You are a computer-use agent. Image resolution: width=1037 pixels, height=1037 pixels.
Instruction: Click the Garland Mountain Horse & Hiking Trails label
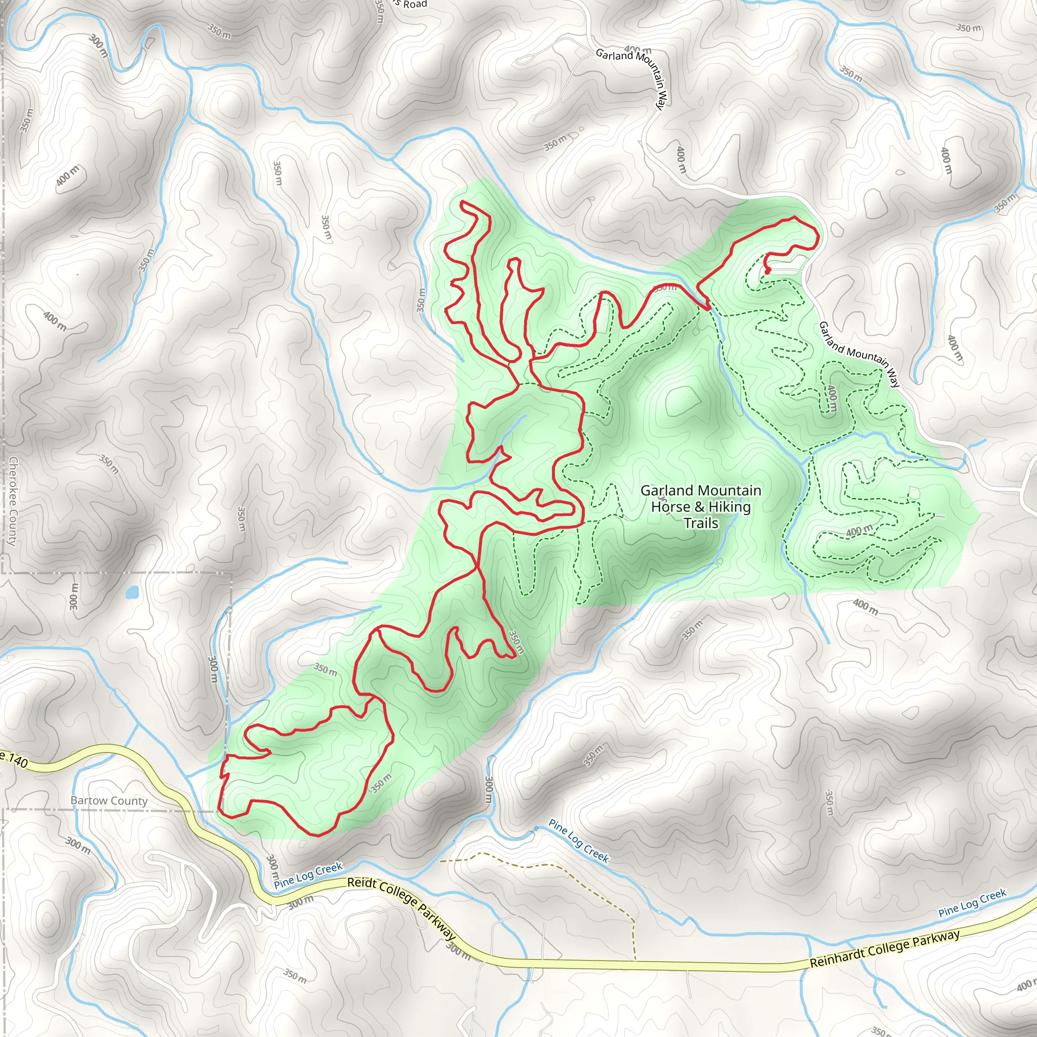pyautogui.click(x=700, y=506)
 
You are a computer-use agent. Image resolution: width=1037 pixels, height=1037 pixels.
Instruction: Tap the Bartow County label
pyautogui.click(x=109, y=801)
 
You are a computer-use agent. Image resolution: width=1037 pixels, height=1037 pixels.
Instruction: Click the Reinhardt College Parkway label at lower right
pyautogui.click(x=884, y=949)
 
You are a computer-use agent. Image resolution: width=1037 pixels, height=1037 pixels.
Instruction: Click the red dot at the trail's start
pyautogui.click(x=768, y=271)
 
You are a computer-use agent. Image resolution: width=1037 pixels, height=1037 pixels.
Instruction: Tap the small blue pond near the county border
pyautogui.click(x=132, y=592)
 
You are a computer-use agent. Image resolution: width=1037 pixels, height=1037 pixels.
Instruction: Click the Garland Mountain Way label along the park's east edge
pyautogui.click(x=859, y=354)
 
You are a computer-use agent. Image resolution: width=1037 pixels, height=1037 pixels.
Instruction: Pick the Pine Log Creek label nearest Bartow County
pyautogui.click(x=308, y=875)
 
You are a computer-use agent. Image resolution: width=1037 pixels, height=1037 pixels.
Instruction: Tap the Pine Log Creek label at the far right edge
pyautogui.click(x=972, y=903)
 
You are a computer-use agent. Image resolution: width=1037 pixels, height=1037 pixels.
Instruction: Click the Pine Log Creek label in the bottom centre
pyautogui.click(x=579, y=841)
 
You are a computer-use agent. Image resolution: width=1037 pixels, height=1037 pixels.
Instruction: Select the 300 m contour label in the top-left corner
pyautogui.click(x=99, y=46)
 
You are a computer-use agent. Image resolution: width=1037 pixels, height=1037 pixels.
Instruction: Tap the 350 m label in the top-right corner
pyautogui.click(x=968, y=27)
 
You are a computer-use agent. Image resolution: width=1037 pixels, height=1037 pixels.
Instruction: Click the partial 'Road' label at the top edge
pyautogui.click(x=414, y=4)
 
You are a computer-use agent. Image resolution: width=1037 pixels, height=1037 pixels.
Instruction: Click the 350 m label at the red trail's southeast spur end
pyautogui.click(x=515, y=642)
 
